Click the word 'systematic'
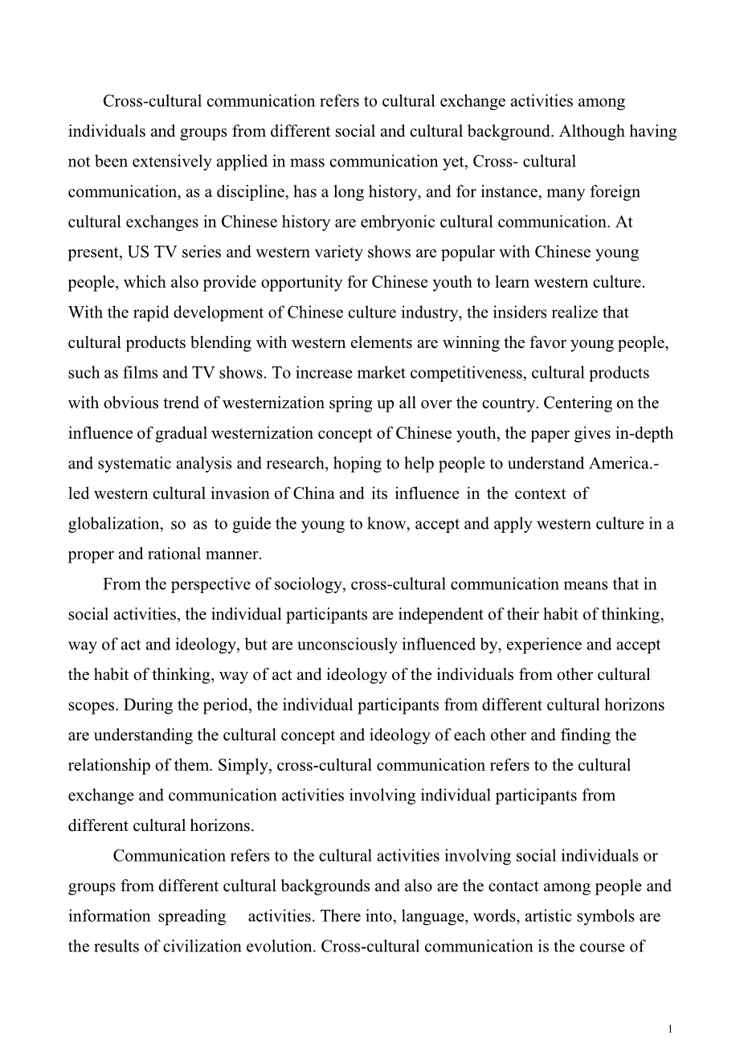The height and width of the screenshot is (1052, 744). point(133,463)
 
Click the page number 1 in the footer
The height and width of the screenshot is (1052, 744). point(670,1029)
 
